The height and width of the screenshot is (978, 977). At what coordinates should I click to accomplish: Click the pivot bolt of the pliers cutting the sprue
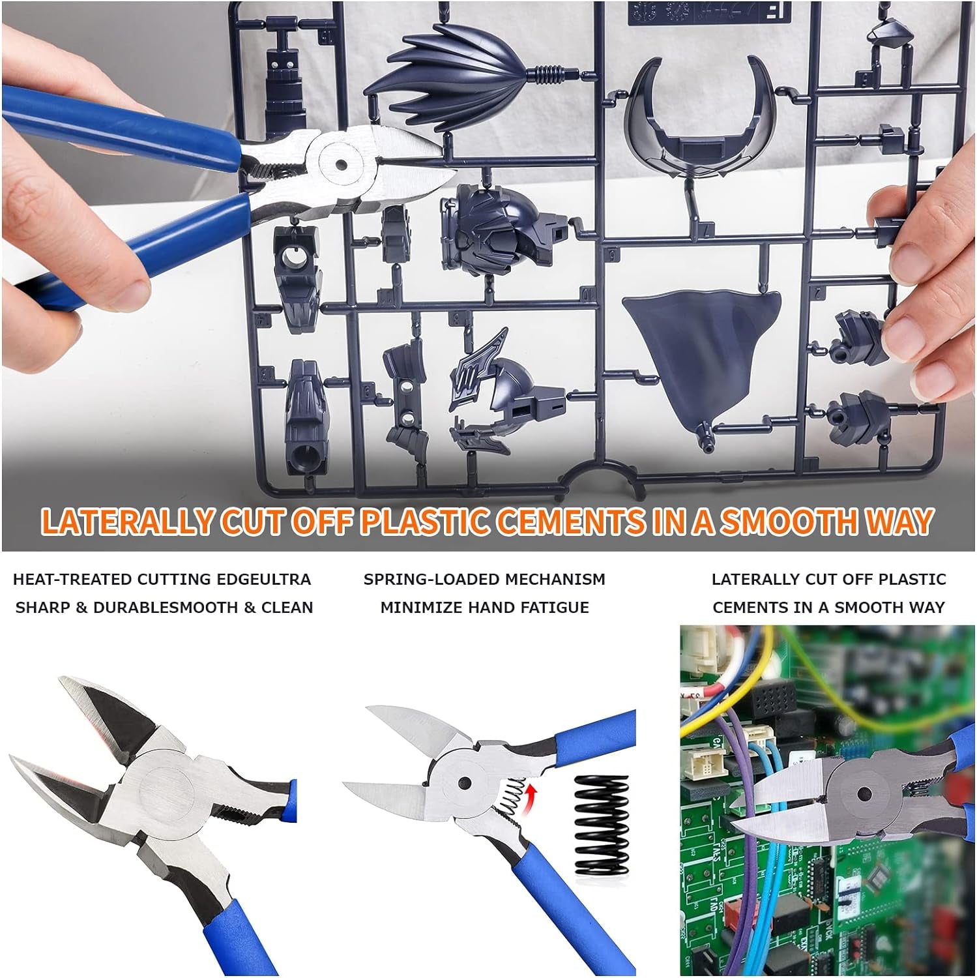[x=340, y=164]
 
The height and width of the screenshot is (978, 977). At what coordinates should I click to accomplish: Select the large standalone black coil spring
[x=604, y=825]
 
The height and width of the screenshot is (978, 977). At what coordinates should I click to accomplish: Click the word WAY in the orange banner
[x=897, y=521]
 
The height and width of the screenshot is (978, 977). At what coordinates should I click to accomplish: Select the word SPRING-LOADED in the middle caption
[x=426, y=579]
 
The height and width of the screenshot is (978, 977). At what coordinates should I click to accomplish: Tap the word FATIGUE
[x=553, y=607]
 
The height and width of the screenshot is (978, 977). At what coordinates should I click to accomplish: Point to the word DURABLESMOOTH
[x=166, y=607]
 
